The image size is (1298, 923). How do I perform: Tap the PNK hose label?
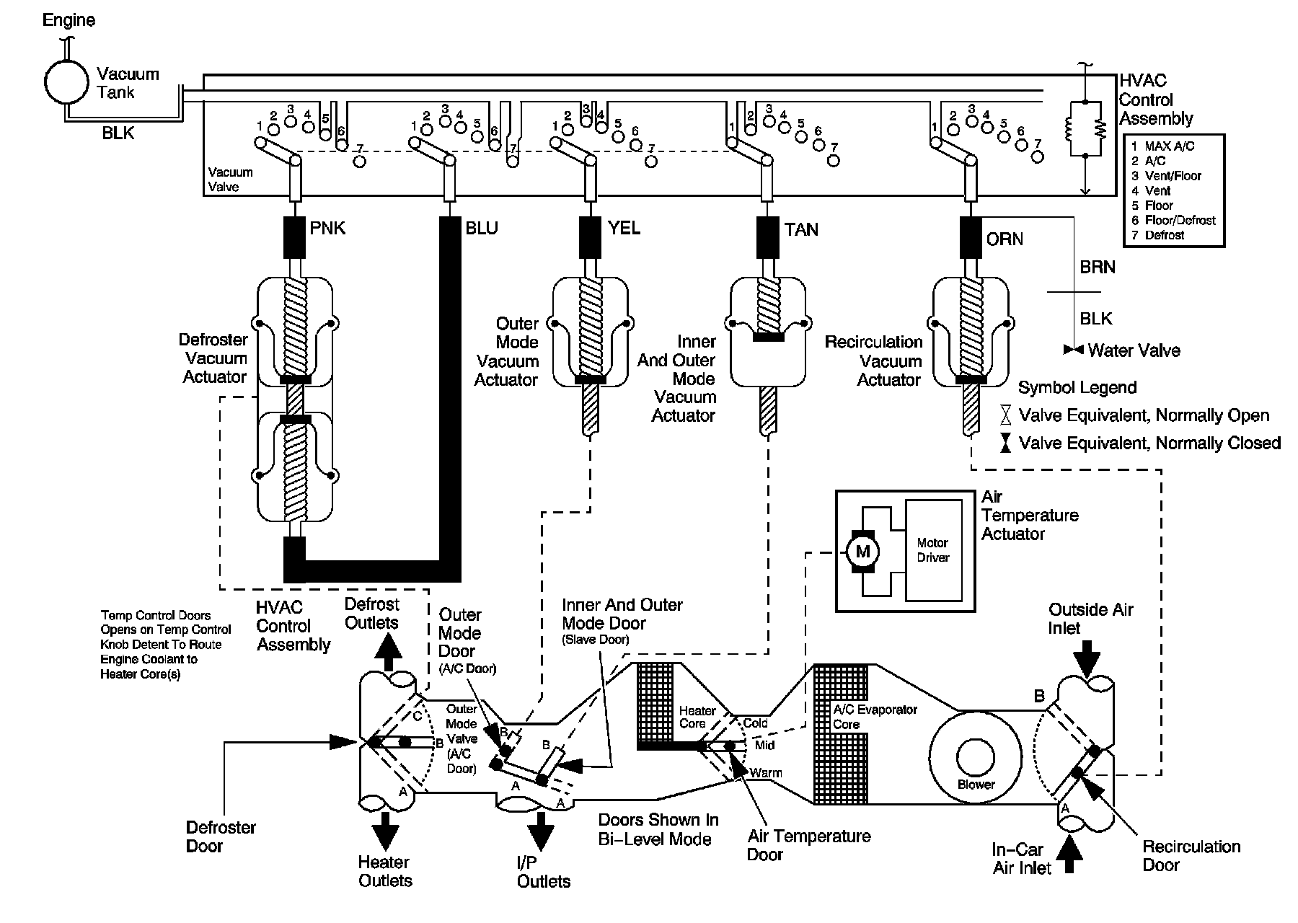click(x=327, y=229)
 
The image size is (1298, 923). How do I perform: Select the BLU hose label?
click(x=482, y=229)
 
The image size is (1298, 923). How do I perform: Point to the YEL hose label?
click(x=623, y=229)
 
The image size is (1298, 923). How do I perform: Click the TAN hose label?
click(x=801, y=229)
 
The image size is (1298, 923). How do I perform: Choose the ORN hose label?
click(x=1005, y=239)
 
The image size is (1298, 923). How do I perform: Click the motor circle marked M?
click(x=862, y=552)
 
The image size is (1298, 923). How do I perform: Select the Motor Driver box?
click(x=932, y=550)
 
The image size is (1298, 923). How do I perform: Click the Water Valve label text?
click(x=1134, y=351)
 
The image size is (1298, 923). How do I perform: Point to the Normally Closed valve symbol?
click(x=1005, y=443)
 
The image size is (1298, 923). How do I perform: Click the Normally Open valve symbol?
click(x=1005, y=415)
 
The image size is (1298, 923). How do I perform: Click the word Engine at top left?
click(x=69, y=19)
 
